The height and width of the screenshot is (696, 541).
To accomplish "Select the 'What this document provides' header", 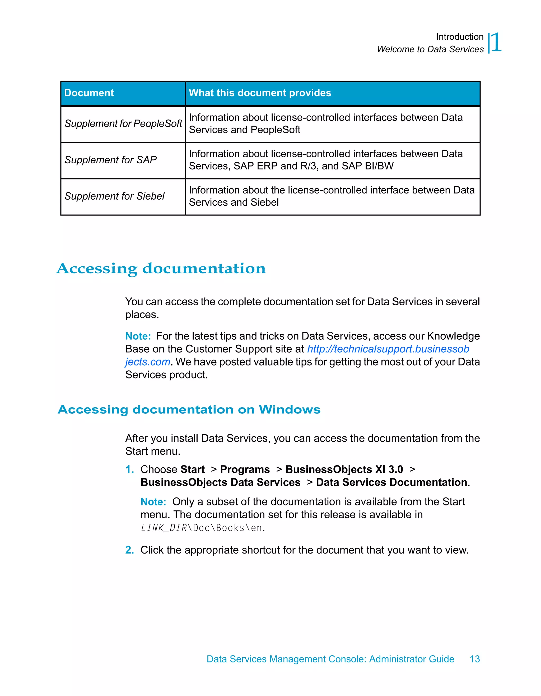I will pyautogui.click(x=260, y=93).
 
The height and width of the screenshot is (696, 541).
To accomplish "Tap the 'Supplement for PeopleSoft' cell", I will pyautogui.click(x=123, y=124).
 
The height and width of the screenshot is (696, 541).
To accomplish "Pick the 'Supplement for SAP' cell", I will pyautogui.click(x=110, y=160).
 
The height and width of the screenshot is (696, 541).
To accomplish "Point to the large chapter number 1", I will pyautogui.click(x=496, y=42).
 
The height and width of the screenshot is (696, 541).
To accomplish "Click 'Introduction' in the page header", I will pyautogui.click(x=459, y=37).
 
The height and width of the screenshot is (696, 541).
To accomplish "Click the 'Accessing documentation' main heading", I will pyautogui.click(x=161, y=268).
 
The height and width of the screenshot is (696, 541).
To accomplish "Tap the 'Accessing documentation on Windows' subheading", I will pyautogui.click(x=189, y=409).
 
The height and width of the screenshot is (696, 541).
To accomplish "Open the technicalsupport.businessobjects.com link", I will pyautogui.click(x=388, y=349).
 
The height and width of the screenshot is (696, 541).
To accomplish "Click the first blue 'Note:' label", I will pyautogui.click(x=138, y=336).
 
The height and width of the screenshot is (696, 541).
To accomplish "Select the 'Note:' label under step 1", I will pyautogui.click(x=153, y=502).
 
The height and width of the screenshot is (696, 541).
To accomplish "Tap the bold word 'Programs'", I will pyautogui.click(x=245, y=469).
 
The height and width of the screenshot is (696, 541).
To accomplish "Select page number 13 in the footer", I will pyautogui.click(x=474, y=659).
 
